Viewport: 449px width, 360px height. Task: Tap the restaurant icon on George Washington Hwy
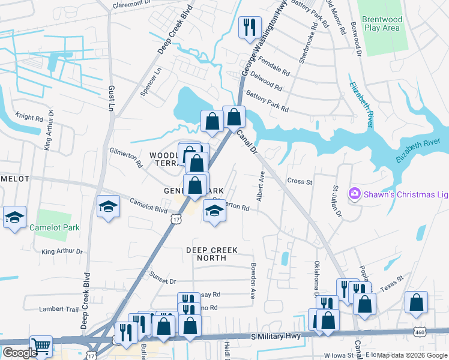pyautogui.click(x=249, y=28)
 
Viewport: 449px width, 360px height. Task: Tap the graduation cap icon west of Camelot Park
pyautogui.click(x=14, y=217)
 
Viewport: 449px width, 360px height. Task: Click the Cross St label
pyautogui.click(x=300, y=181)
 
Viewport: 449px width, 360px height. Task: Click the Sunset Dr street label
pyautogui.click(x=163, y=281)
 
